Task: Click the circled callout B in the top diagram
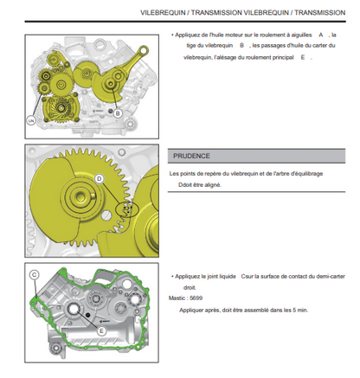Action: [x=118, y=113]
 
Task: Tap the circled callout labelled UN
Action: [x=31, y=120]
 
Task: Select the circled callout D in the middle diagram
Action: [x=99, y=179]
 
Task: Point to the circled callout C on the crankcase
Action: [x=35, y=275]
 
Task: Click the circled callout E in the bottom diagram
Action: [x=101, y=331]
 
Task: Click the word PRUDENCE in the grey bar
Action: [x=191, y=156]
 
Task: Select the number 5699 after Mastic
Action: [x=196, y=298]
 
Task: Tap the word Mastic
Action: [x=177, y=298]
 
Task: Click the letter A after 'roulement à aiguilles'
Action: [x=321, y=35]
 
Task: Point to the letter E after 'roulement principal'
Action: [x=303, y=57]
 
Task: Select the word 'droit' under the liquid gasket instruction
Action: [x=190, y=287]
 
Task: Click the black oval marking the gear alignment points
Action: [x=127, y=210]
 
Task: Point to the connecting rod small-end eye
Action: [x=143, y=51]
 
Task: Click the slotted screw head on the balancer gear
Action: [x=106, y=215]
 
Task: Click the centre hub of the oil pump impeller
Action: [x=61, y=108]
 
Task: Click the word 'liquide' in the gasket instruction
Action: [x=226, y=277]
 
